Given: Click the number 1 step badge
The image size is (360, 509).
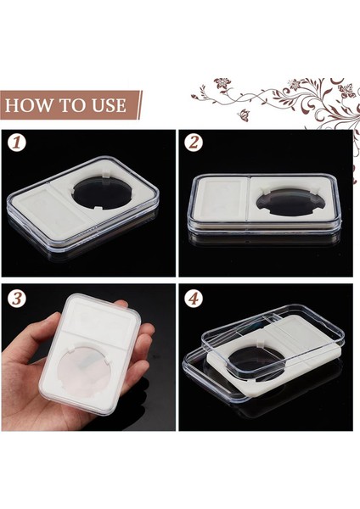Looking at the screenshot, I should [x=17, y=142].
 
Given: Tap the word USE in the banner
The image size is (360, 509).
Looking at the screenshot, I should [x=108, y=106].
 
